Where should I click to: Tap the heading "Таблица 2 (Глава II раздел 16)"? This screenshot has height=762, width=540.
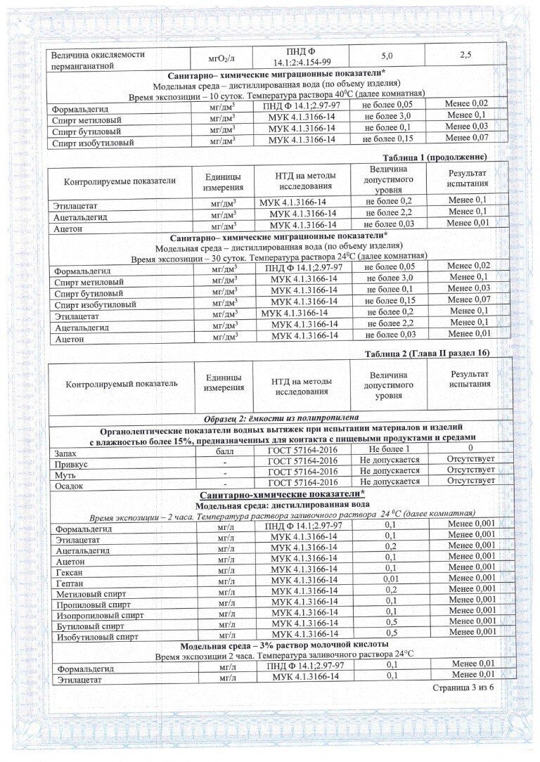[x=427, y=352]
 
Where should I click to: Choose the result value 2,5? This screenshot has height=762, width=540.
[x=465, y=54]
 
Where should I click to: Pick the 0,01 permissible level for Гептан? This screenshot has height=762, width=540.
[x=390, y=578]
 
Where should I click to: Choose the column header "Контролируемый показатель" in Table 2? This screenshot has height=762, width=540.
[x=121, y=384]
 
